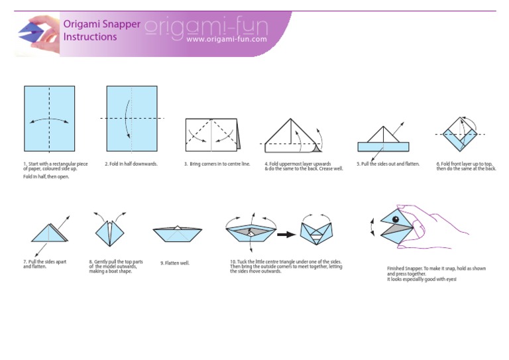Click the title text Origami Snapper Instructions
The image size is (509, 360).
[101, 30]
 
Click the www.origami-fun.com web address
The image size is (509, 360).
[227, 39]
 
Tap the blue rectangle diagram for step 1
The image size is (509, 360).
[50, 119]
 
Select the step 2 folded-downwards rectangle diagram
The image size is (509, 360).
[131, 119]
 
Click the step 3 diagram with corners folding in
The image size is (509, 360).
[212, 135]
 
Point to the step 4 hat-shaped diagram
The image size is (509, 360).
[292, 137]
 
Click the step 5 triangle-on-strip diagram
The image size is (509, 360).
[382, 140]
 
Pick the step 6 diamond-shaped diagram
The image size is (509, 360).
[461, 135]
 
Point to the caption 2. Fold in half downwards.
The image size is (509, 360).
[131, 164]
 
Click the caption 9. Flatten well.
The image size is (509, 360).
[175, 263]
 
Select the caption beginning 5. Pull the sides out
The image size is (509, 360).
[388, 164]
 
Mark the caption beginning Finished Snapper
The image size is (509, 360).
[436, 273]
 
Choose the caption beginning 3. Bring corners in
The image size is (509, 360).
[217, 164]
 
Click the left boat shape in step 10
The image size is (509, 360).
[250, 232]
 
